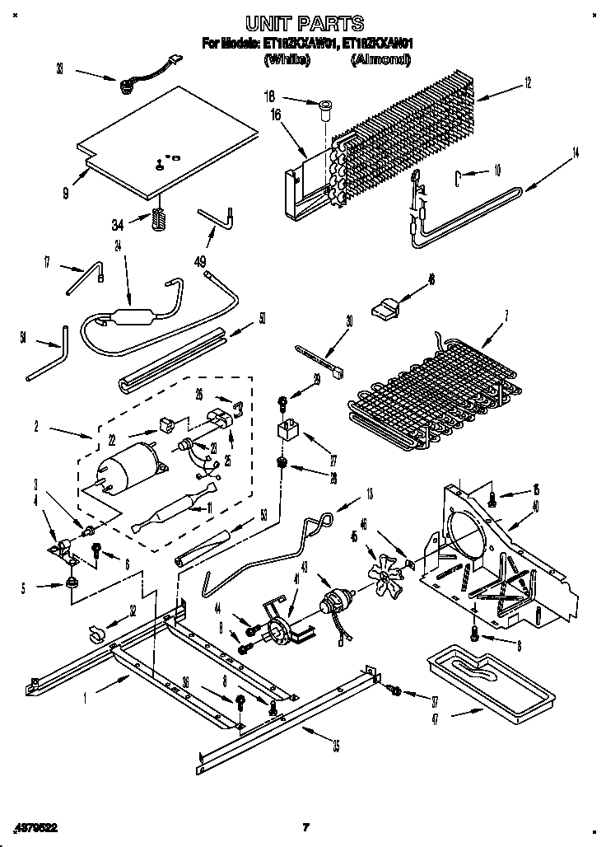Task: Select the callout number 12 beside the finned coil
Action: (526, 82)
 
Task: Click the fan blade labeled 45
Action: (385, 569)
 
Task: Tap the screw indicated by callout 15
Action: (491, 497)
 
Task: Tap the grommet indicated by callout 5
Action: (71, 583)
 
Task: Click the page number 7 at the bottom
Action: (304, 826)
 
